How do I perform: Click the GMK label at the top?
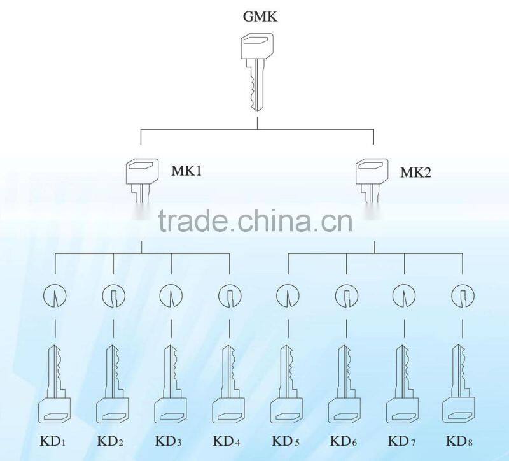point(260,17)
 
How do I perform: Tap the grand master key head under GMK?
point(257,46)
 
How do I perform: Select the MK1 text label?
point(186,171)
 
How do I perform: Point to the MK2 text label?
point(416,172)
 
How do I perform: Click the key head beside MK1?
point(142,171)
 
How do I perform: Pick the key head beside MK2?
point(372,171)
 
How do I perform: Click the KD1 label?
point(53,441)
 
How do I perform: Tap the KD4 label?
point(227,441)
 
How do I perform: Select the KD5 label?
point(286,441)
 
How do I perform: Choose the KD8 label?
point(459,441)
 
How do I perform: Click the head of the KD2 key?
point(113,410)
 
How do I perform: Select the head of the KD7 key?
point(403,410)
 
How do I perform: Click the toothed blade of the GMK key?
point(256,85)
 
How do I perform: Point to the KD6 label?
point(344,441)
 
